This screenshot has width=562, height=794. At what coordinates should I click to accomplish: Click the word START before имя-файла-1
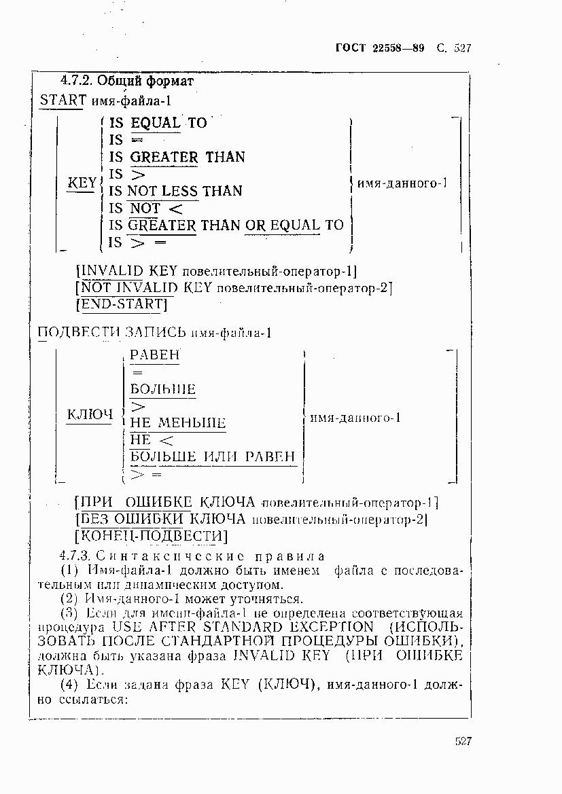[63, 101]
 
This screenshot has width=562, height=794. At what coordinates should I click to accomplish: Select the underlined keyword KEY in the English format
[82, 183]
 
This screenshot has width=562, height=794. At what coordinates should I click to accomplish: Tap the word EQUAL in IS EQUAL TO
[156, 123]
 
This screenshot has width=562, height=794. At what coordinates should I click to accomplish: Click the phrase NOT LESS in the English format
[162, 191]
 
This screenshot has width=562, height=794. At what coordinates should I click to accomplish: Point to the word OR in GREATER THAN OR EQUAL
[256, 225]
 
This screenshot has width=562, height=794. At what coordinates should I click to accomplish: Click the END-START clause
[122, 304]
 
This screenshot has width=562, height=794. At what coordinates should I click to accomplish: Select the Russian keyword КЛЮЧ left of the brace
[89, 415]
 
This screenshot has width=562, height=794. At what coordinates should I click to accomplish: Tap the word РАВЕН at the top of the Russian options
[155, 355]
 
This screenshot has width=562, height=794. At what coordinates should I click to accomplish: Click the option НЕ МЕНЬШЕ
[178, 423]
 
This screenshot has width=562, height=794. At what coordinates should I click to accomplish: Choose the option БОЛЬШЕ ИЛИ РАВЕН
[213, 456]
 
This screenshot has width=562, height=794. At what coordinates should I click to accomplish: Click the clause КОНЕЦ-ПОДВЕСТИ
[150, 537]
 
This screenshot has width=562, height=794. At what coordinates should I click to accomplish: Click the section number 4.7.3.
[71, 556]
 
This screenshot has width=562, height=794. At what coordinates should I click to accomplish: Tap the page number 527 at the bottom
[463, 741]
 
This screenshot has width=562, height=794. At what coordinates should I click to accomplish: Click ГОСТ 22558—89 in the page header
[380, 48]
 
